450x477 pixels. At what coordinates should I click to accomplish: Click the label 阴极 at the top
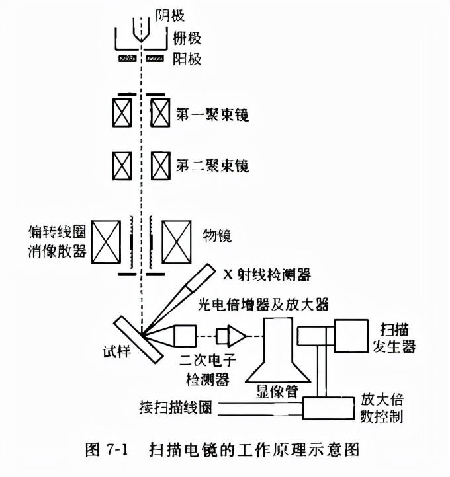169,14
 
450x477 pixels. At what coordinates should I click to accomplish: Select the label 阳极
187,59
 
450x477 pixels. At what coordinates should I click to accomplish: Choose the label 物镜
217,235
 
